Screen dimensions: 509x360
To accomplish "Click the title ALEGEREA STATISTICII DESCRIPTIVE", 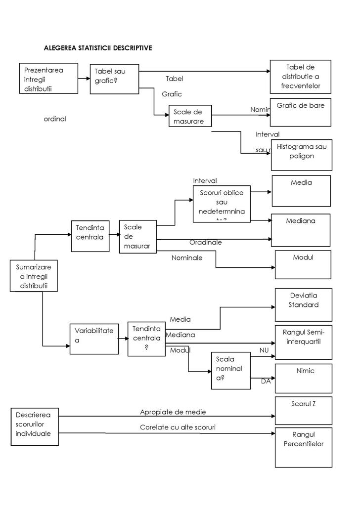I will click(x=97, y=48).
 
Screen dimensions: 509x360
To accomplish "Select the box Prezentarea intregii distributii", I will click(x=48, y=78).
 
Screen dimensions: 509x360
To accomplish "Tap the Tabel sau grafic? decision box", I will click(x=114, y=79).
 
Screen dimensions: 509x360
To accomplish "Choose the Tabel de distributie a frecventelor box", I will click(x=300, y=77).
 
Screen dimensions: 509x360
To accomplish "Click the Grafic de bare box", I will click(x=300, y=112).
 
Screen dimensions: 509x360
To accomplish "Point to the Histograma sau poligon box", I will click(x=302, y=155).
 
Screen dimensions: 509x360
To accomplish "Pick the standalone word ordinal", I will click(x=55, y=119).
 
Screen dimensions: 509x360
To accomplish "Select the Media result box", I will click(x=301, y=190).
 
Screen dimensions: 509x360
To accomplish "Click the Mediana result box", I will click(x=301, y=228).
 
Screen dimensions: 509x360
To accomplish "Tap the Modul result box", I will click(x=303, y=264).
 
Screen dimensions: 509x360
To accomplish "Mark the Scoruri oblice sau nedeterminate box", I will click(x=222, y=204).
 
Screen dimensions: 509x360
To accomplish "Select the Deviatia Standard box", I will click(x=303, y=304).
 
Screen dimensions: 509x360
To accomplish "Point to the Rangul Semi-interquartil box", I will click(x=303, y=341).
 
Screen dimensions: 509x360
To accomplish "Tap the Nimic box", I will click(x=303, y=378).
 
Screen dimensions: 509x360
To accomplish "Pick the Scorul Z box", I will click(x=303, y=410).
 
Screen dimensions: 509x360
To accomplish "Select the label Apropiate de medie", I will click(x=173, y=412).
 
